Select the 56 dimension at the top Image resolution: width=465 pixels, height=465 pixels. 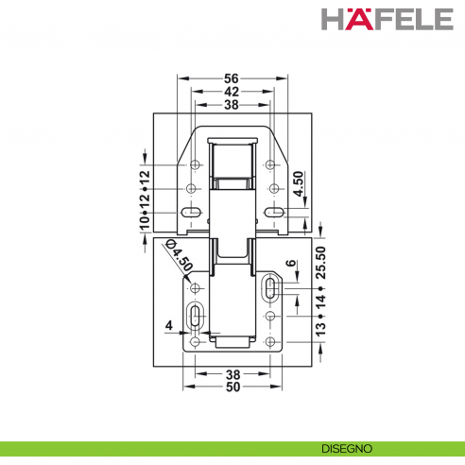(x=232, y=79)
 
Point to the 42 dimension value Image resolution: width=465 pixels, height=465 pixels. (x=232, y=93)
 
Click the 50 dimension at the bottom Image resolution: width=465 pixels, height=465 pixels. (x=232, y=387)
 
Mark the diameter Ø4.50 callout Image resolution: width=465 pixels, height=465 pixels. (x=179, y=256)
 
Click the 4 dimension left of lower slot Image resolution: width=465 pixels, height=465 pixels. (x=169, y=326)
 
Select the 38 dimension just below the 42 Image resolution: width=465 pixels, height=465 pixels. (x=232, y=106)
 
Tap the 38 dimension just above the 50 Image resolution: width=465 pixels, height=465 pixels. (x=232, y=373)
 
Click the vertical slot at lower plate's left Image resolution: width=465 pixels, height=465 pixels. (x=194, y=317)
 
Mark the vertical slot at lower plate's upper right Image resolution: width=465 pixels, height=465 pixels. (x=270, y=287)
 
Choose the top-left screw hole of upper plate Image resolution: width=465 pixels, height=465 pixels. (x=194, y=165)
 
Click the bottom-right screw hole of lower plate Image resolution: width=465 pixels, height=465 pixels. (x=270, y=341)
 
